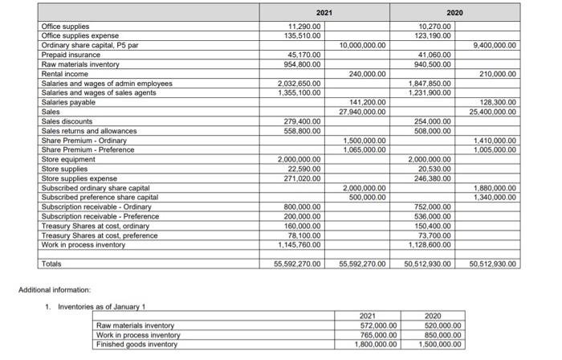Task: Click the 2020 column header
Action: (x=454, y=13)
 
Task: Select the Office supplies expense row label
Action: (x=79, y=36)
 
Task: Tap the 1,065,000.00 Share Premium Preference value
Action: (x=360, y=149)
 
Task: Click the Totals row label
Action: (x=52, y=264)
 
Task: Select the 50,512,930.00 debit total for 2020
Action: (x=423, y=264)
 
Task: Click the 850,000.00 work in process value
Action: (x=440, y=335)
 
